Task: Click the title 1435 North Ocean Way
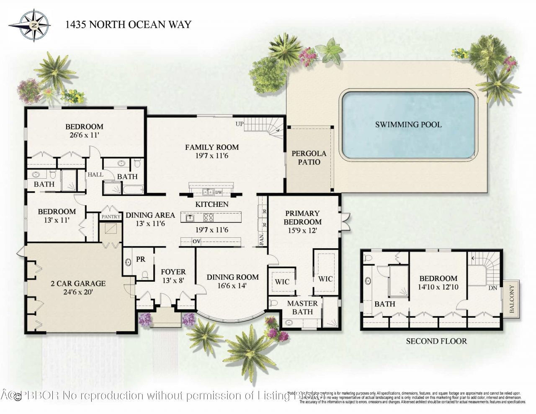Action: [x=128, y=24]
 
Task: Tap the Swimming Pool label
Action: [x=408, y=124]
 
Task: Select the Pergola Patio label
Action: [x=309, y=157]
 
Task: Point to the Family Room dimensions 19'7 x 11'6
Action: [x=212, y=156]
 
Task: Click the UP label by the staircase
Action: [x=240, y=124]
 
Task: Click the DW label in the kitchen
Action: [x=218, y=192]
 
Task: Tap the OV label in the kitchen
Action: [x=196, y=241]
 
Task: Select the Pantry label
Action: [x=111, y=216]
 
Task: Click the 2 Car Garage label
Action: [x=78, y=283]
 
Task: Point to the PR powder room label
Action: [x=141, y=259]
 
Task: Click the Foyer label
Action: [x=173, y=272]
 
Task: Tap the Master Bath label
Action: [x=302, y=307]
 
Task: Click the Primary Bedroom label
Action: [x=302, y=217]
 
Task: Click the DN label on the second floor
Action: [x=492, y=288]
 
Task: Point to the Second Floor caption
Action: [x=436, y=341]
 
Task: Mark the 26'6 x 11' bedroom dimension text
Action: [x=84, y=136]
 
